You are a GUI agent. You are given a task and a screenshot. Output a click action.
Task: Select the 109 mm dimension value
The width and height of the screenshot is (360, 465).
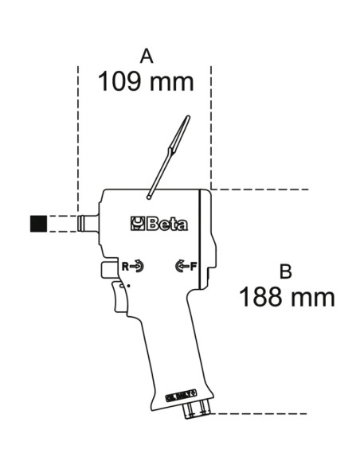click(146, 81)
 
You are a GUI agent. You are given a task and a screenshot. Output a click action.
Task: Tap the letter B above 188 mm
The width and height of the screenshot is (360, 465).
click(286, 272)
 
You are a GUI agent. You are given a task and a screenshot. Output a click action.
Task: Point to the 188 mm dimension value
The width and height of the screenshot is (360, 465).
click(286, 298)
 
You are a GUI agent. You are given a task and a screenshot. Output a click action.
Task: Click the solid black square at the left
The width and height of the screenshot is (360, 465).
click(38, 223)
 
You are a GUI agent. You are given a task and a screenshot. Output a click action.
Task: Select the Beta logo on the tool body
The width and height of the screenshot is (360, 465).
click(159, 224)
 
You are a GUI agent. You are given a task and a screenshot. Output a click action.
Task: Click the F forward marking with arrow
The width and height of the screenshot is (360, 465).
click(184, 266)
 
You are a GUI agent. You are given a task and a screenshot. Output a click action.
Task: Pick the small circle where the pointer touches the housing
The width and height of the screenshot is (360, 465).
click(150, 193)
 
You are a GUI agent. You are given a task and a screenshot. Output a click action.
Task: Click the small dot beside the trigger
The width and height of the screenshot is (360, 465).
click(130, 286)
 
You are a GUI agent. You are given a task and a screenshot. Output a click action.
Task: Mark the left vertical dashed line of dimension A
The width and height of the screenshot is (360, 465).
click(78, 135)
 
